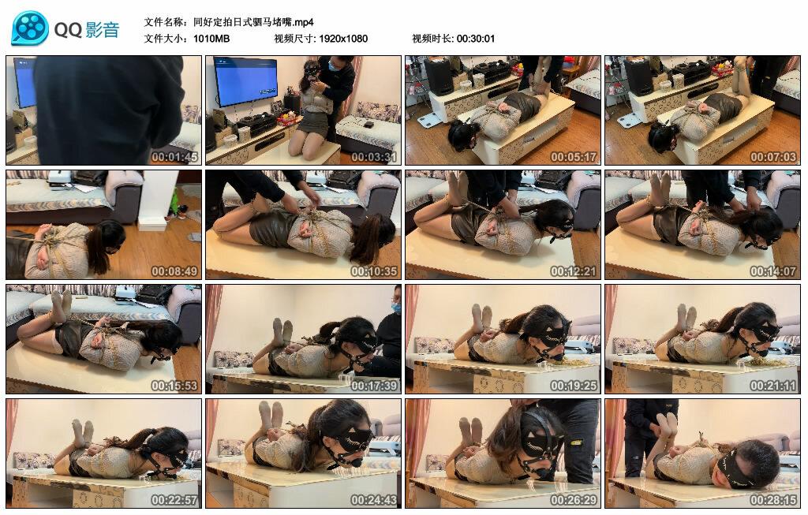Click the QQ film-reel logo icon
(30, 28)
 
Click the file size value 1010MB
(211, 39)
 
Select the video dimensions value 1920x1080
(343, 39)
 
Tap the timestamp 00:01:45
(175, 157)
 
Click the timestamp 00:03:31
(375, 157)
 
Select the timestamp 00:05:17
(574, 157)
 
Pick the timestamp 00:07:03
(774, 157)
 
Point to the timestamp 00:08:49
(175, 271)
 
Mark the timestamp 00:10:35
(375, 271)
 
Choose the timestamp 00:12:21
(574, 271)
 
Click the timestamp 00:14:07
(774, 271)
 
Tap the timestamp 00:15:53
(175, 386)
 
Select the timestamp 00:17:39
(375, 386)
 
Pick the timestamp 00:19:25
(574, 386)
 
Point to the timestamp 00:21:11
(774, 386)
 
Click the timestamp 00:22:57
(175, 500)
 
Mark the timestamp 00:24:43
(375, 500)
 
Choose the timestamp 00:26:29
(574, 500)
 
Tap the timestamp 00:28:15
(774, 500)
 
